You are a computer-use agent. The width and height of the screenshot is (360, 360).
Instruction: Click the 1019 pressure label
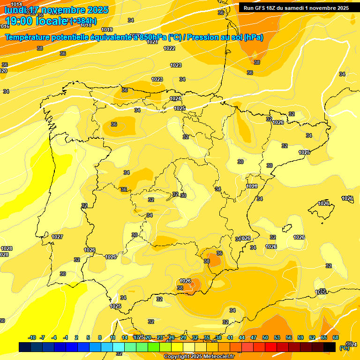(107, 30)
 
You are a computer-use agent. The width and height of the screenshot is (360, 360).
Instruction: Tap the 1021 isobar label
(152, 42)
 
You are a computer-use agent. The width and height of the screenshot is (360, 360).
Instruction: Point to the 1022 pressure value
(169, 48)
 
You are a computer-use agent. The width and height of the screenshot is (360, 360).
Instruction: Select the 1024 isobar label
(175, 98)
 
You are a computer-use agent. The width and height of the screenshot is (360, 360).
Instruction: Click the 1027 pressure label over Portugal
(57, 237)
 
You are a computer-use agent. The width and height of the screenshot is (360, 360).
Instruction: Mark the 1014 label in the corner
(16, 4)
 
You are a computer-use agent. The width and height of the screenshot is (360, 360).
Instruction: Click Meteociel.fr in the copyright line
(216, 357)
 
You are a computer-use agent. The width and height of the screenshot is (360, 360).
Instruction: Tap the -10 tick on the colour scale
(32, 337)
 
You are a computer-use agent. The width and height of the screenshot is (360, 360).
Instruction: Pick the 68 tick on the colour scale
(336, 337)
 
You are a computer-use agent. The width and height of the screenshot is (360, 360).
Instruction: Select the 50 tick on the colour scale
(265, 337)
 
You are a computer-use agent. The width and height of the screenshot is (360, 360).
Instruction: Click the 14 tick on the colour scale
(125, 337)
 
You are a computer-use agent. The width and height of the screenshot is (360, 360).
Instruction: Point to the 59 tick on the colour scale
(300, 337)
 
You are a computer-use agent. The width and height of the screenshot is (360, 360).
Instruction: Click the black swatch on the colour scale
(330, 347)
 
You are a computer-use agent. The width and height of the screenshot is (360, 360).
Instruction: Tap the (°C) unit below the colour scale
(344, 348)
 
